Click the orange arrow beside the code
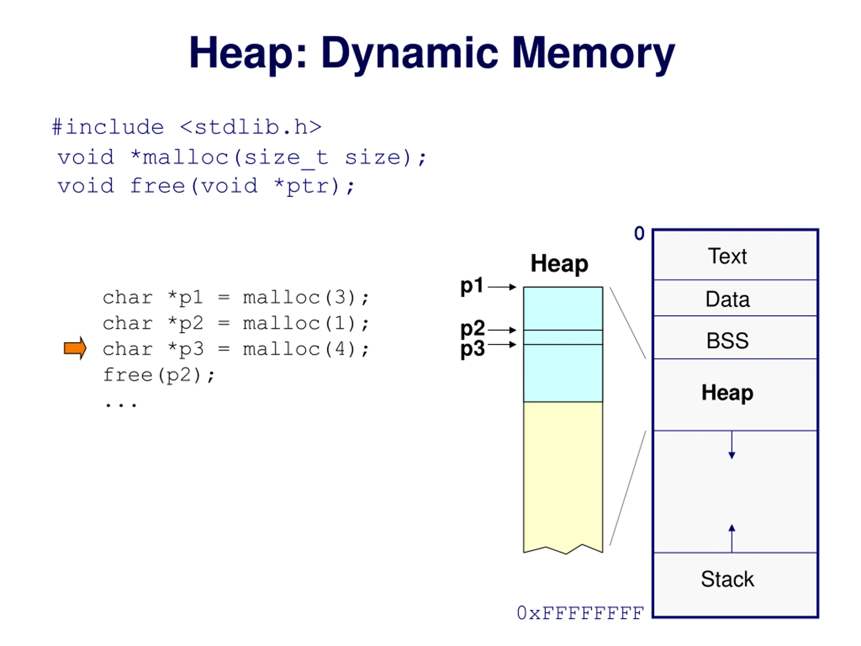tap(75, 348)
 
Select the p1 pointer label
tap(472, 286)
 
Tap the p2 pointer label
tap(473, 329)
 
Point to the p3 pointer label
tap(473, 349)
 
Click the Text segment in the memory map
tap(735, 255)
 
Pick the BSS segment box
tap(735, 337)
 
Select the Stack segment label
tap(727, 579)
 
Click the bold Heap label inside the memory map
tap(727, 393)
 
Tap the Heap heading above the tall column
tap(559, 264)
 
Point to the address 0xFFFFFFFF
tap(580, 613)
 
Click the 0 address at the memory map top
tap(639, 233)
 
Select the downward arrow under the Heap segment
tap(732, 445)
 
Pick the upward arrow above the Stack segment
tap(732, 538)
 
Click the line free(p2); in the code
tap(159, 375)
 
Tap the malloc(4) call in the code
tap(299, 349)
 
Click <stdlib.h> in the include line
tap(251, 127)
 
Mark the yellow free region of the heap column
tap(563, 475)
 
